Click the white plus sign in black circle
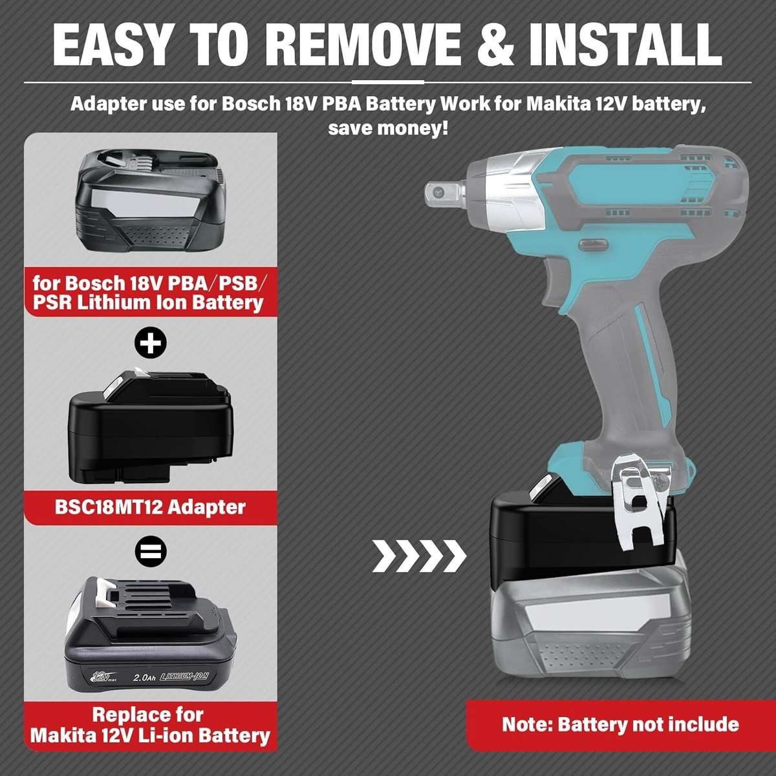coord(151,343)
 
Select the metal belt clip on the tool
coord(637,504)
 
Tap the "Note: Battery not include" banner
coord(620,724)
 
